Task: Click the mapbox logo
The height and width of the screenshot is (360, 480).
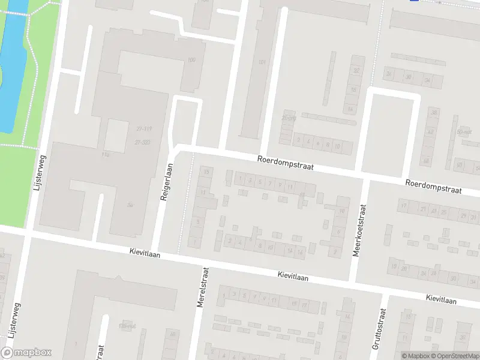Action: [x=26, y=353]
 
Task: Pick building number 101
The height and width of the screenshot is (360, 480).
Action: [x=262, y=62]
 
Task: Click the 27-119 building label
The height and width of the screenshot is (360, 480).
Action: [x=143, y=128]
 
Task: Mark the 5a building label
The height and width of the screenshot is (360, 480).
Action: [x=130, y=205]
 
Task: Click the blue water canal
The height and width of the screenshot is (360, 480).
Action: [x=12, y=60]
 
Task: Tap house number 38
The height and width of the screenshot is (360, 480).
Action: [x=433, y=112]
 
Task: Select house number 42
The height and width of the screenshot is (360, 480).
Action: [x=430, y=131]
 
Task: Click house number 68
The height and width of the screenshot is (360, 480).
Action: [x=425, y=161]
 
